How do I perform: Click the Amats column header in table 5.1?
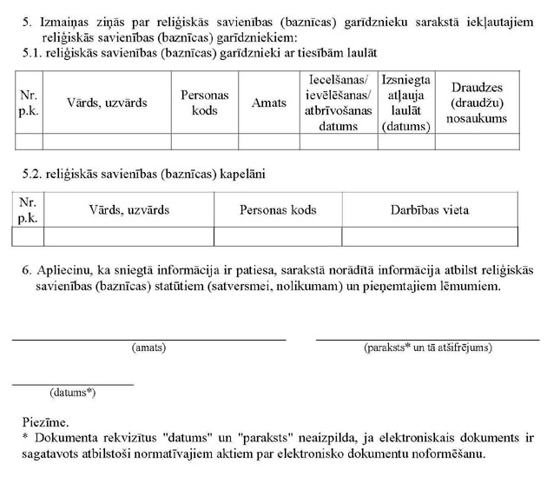click(x=268, y=103)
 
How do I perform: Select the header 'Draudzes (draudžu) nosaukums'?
click(x=477, y=103)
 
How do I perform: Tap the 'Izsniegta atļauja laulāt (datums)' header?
click(x=405, y=103)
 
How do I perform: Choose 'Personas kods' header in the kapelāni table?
click(x=278, y=210)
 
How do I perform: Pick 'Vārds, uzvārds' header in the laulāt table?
click(x=107, y=103)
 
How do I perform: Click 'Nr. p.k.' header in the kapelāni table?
click(x=28, y=210)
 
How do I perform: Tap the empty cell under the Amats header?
click(x=268, y=141)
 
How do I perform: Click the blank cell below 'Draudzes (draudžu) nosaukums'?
click(x=477, y=141)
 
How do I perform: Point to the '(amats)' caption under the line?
click(x=148, y=348)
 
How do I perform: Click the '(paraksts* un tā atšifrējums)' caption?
click(x=428, y=348)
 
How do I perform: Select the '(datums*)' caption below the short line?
click(x=73, y=393)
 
